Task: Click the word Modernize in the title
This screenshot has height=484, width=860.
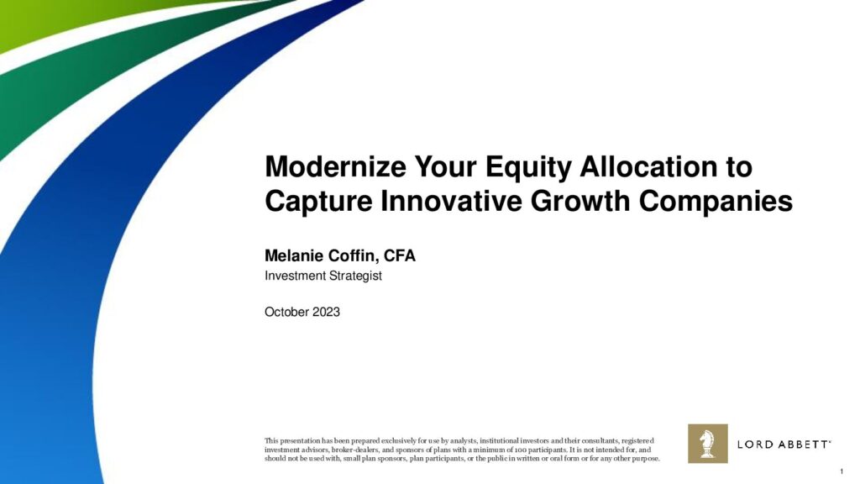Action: (335, 166)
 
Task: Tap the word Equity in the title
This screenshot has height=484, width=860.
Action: (528, 168)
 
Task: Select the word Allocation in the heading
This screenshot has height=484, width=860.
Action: (650, 166)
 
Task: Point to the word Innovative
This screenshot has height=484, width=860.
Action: (451, 201)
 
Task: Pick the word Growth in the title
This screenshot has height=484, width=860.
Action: (579, 201)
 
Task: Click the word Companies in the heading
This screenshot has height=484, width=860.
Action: (716, 202)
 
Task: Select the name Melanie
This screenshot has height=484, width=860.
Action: (294, 255)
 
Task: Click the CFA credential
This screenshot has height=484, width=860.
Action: (399, 255)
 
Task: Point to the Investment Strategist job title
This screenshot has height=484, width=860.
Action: (323, 276)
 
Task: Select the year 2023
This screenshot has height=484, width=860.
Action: (326, 312)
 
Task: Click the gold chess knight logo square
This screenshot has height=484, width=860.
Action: (707, 444)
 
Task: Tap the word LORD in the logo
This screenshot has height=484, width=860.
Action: (755, 444)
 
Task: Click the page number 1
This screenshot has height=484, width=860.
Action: (842, 471)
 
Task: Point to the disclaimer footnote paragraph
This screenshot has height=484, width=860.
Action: (462, 450)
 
